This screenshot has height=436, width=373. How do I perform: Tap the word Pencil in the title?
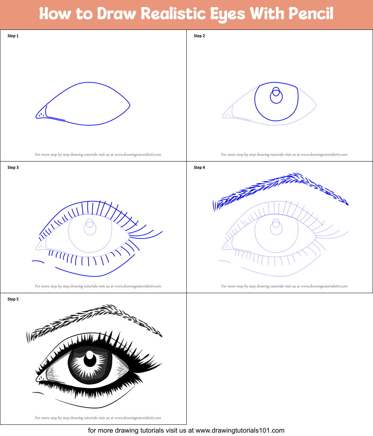[x=311, y=13]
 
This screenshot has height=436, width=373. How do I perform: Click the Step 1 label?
[x=13, y=36]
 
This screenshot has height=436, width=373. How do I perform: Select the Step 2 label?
[x=199, y=36]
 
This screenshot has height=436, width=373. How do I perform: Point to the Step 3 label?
[x=13, y=167]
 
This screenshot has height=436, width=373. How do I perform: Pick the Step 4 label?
[x=199, y=167]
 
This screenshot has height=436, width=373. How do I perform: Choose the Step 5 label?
[x=13, y=299]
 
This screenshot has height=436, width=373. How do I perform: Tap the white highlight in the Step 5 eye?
[x=90, y=355]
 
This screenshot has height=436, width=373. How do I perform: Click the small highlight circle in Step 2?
[x=276, y=91]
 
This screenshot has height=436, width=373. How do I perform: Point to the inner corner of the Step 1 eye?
[x=37, y=116]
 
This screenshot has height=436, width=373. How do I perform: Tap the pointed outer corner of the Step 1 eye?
[x=130, y=105]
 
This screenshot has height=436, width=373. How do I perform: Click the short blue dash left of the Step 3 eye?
[x=38, y=261]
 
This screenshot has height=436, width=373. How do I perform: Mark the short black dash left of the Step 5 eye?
[x=38, y=393]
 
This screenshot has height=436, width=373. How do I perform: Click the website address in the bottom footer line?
[x=240, y=430]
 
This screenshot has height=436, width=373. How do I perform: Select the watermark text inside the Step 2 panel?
[x=284, y=155]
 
